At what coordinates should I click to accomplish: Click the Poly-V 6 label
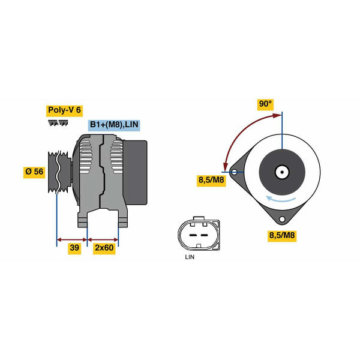(64, 110)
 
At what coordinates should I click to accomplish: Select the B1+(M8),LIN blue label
(114, 125)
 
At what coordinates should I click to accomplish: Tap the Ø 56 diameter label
(34, 172)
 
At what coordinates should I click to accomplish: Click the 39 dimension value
(74, 248)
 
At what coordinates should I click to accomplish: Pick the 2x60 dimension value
(104, 248)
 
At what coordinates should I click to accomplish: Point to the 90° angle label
(265, 104)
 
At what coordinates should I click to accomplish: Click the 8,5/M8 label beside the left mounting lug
(211, 180)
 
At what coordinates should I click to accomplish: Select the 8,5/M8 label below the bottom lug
(282, 236)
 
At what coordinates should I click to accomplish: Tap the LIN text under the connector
(190, 257)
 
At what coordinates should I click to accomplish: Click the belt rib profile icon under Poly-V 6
(58, 123)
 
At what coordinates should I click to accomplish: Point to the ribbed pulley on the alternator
(59, 172)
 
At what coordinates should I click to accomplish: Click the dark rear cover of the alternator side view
(135, 173)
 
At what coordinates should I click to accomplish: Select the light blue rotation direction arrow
(280, 200)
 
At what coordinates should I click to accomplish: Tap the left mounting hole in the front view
(235, 172)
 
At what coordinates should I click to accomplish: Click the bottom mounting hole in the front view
(282, 219)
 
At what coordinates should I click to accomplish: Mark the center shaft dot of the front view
(282, 172)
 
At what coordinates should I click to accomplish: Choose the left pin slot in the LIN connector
(192, 235)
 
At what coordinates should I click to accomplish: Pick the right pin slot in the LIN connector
(204, 235)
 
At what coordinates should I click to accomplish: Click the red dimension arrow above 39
(72, 239)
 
